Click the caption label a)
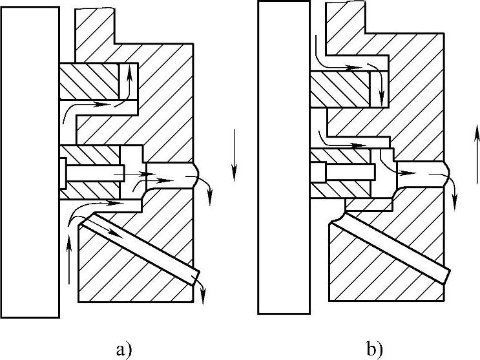pos(123,351)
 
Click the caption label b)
pos(374,351)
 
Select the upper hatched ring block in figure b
pos(339,89)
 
